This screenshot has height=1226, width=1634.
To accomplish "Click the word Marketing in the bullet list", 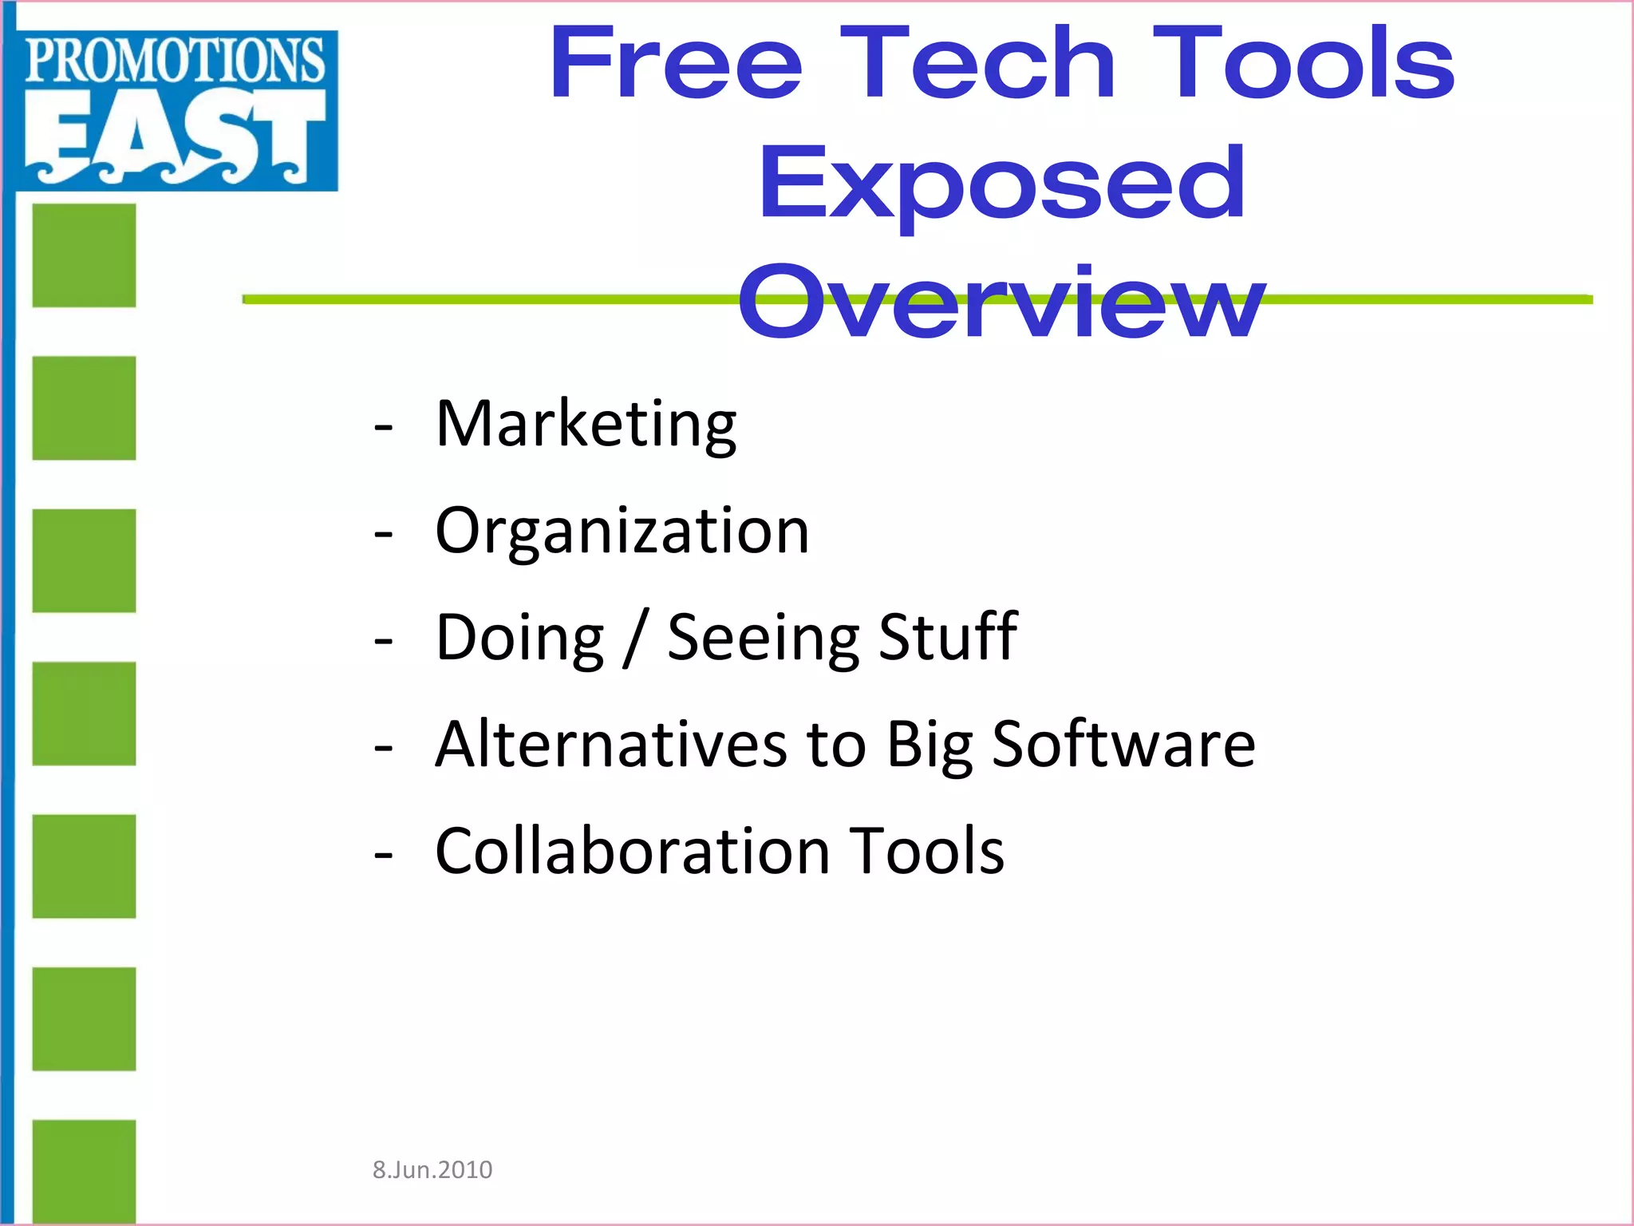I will point(586,425).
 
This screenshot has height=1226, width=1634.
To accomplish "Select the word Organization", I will point(622,532).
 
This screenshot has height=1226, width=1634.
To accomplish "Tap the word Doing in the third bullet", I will point(519,638).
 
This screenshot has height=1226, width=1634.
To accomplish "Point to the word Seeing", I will point(763,638).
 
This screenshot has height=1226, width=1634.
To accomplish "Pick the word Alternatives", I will point(611,744).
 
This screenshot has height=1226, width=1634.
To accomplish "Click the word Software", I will point(1123,744).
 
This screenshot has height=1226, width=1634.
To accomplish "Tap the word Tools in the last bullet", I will point(926,851).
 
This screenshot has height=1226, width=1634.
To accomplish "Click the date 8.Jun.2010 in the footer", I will point(432,1170).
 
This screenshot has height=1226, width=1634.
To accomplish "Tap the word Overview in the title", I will point(1001,302).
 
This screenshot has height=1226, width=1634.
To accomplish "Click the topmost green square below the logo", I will point(84,255).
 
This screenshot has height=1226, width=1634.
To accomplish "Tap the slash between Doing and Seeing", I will point(635,638).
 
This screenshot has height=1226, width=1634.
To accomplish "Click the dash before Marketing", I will point(383,428).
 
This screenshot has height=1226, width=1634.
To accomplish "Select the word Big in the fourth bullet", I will point(929,745).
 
